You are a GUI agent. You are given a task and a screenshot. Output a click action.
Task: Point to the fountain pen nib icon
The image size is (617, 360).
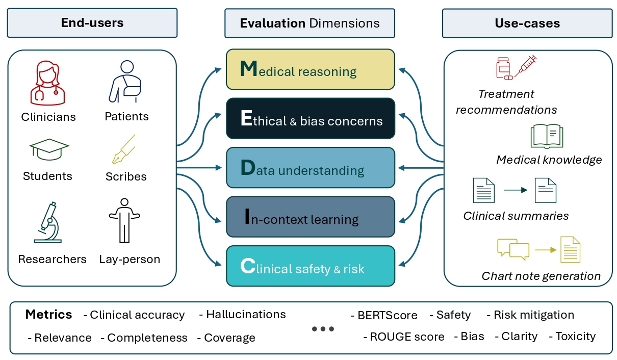pos(124,149)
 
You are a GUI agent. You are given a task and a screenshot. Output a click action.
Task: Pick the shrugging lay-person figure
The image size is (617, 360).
pos(124,220)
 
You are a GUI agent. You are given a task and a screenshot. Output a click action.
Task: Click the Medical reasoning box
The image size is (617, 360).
pos(310,70)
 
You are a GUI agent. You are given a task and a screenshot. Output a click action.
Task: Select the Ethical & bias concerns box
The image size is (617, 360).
pos(310,119)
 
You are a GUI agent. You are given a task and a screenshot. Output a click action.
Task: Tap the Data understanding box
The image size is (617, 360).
pos(310,168)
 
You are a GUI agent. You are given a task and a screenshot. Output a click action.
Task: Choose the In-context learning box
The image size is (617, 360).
pos(310,217)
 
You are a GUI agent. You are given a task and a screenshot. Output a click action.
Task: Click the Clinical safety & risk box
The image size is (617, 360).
pos(310,266)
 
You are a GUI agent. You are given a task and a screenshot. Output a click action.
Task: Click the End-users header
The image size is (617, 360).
pos(92,23)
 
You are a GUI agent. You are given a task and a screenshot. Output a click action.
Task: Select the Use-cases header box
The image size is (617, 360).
pos(527,23)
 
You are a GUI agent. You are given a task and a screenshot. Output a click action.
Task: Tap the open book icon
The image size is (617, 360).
pos(547,137)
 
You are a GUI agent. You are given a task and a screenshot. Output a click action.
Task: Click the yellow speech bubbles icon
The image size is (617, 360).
pos(513,248)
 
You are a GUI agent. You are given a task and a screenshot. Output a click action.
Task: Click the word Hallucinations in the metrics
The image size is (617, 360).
pos(246,315)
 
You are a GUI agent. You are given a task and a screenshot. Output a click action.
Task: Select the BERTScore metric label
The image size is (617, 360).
pos(387,316)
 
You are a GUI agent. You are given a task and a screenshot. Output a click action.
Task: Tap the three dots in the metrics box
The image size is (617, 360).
pos(323,329)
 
